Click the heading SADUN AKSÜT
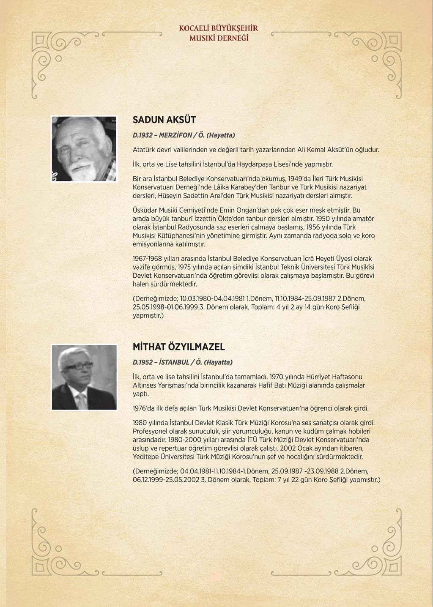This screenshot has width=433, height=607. click(x=164, y=120)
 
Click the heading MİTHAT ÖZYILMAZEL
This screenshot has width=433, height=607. click(x=178, y=347)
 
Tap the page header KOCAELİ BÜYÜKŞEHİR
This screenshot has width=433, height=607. click(x=218, y=29)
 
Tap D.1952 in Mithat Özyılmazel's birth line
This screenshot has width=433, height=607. click(x=143, y=362)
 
